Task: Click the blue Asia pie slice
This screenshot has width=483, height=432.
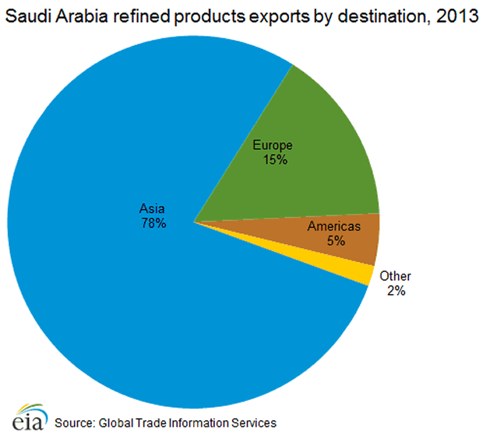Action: click(x=117, y=296)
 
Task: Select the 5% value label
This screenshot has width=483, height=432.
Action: click(x=336, y=241)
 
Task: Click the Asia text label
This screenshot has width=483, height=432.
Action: click(x=153, y=208)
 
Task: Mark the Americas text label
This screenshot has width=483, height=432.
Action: click(x=336, y=227)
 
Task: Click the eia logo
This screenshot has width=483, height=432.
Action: click(x=24, y=416)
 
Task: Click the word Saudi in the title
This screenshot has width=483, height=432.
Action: click(x=29, y=16)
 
